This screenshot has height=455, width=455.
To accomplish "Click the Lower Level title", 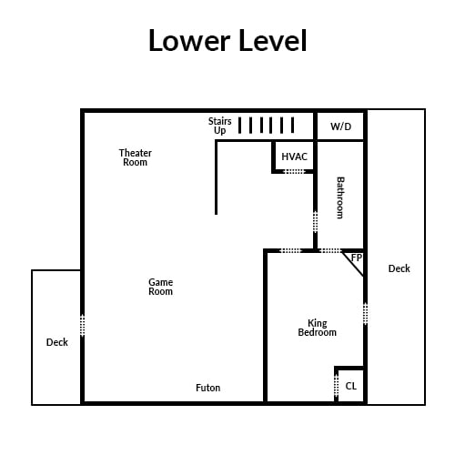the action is coord(227,40).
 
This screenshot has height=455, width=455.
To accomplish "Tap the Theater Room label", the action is coord(135,157).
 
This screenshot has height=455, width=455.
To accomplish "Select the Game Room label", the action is coord(160,287).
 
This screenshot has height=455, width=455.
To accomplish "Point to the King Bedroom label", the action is coord(317,328).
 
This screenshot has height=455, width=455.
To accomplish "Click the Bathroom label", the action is coord(340,197).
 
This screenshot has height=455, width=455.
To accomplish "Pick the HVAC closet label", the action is coord(294,157).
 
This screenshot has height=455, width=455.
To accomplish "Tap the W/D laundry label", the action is coord(340,126).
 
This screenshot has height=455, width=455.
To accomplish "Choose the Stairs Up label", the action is coord(219,126).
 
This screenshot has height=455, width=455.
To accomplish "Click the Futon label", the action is coord(207,388).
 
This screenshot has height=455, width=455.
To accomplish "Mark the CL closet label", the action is coord(350,386).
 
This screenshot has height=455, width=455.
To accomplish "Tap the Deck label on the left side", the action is coord(56,342).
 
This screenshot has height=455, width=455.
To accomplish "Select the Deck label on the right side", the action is coord(399,268).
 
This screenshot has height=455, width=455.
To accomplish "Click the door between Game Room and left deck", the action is coord(82,326).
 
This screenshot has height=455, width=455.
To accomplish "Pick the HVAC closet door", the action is coord(294,171).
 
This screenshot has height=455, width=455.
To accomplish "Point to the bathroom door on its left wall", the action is coord(315,222).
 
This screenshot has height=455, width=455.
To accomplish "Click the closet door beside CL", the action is coord(336,385).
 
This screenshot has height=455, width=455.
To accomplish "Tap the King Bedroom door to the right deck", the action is coord(365,314).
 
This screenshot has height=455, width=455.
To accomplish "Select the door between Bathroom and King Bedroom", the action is coord(330,250).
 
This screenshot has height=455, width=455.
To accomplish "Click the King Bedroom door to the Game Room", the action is coord(290,250).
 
